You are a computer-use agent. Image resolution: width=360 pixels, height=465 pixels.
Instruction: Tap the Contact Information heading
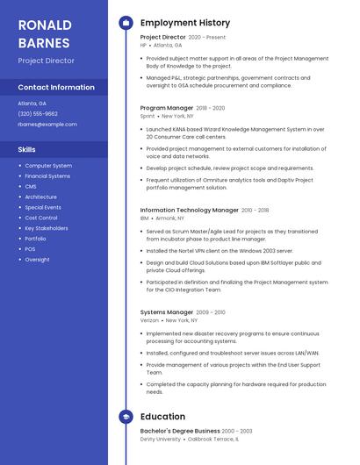tap(56, 88)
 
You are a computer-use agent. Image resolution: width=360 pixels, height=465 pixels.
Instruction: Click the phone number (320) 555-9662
tap(38, 114)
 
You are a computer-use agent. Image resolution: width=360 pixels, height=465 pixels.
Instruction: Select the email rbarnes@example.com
tap(47, 125)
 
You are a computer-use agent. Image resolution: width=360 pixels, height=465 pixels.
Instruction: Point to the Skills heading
tap(27, 150)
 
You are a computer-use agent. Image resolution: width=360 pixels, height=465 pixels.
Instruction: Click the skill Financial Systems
tap(47, 176)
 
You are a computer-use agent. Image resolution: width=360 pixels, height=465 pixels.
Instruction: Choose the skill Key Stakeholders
tap(47, 228)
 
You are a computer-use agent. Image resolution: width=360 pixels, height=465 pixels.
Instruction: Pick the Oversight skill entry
tap(37, 260)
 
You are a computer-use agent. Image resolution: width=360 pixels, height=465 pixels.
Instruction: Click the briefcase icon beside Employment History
tap(126, 22)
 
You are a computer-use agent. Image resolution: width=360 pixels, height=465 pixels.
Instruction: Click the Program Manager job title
tap(167, 108)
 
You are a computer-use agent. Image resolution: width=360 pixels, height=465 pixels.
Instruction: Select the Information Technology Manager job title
tap(189, 211)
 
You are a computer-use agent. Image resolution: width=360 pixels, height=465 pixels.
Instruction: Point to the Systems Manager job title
tap(167, 312)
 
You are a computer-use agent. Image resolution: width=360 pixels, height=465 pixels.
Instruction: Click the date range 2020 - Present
tap(207, 38)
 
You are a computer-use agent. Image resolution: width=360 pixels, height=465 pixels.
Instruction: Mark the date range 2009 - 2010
tap(211, 312)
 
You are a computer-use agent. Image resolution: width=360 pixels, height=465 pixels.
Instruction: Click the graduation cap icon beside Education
tap(126, 417)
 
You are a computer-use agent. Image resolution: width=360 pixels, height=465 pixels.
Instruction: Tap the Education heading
tap(162, 417)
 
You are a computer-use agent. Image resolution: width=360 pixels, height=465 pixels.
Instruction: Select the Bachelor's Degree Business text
tap(180, 432)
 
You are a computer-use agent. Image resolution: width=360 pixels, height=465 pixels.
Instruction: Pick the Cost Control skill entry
tap(41, 218)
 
